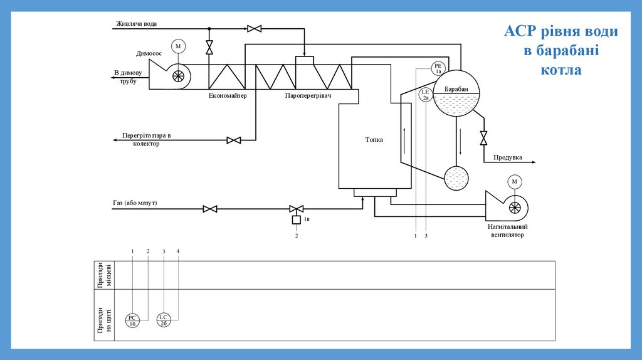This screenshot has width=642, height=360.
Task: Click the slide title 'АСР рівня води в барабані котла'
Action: coord(561,50)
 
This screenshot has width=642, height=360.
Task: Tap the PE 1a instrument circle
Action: coord(438,68)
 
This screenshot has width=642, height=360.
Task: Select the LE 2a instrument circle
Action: coord(425,95)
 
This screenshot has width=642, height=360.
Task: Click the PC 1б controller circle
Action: coord(132,320)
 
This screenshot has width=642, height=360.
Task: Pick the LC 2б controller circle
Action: coord(163,320)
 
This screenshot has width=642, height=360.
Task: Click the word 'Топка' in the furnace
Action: coord(374,140)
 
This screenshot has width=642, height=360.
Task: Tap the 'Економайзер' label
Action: coord(228,95)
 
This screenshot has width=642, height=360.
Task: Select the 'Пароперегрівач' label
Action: coord(308,95)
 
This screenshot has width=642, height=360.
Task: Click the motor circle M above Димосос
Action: coord(178,46)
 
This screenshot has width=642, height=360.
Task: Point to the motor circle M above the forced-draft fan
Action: coord(515,182)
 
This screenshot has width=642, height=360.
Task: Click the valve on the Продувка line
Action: coord(483,137)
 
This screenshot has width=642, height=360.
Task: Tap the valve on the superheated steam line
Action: coord(234,140)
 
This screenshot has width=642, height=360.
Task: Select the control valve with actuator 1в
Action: coord(296,209)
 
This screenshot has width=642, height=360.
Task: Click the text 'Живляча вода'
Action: coord(136,24)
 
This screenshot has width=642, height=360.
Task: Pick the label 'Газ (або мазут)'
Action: coord(135,203)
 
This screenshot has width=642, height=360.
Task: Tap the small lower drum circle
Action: coord(456,178)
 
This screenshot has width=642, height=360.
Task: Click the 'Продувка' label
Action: coord(508,157)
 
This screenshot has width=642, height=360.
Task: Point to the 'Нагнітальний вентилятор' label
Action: coord(508,231)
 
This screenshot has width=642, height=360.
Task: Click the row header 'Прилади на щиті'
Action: coord(104,320)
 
